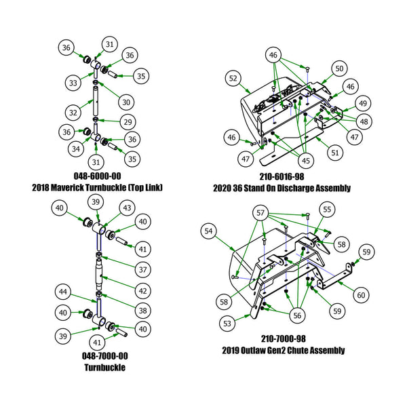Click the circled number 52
coord(233,79)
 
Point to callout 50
coord(340,68)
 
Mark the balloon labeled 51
coord(334,153)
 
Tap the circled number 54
coord(209,232)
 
